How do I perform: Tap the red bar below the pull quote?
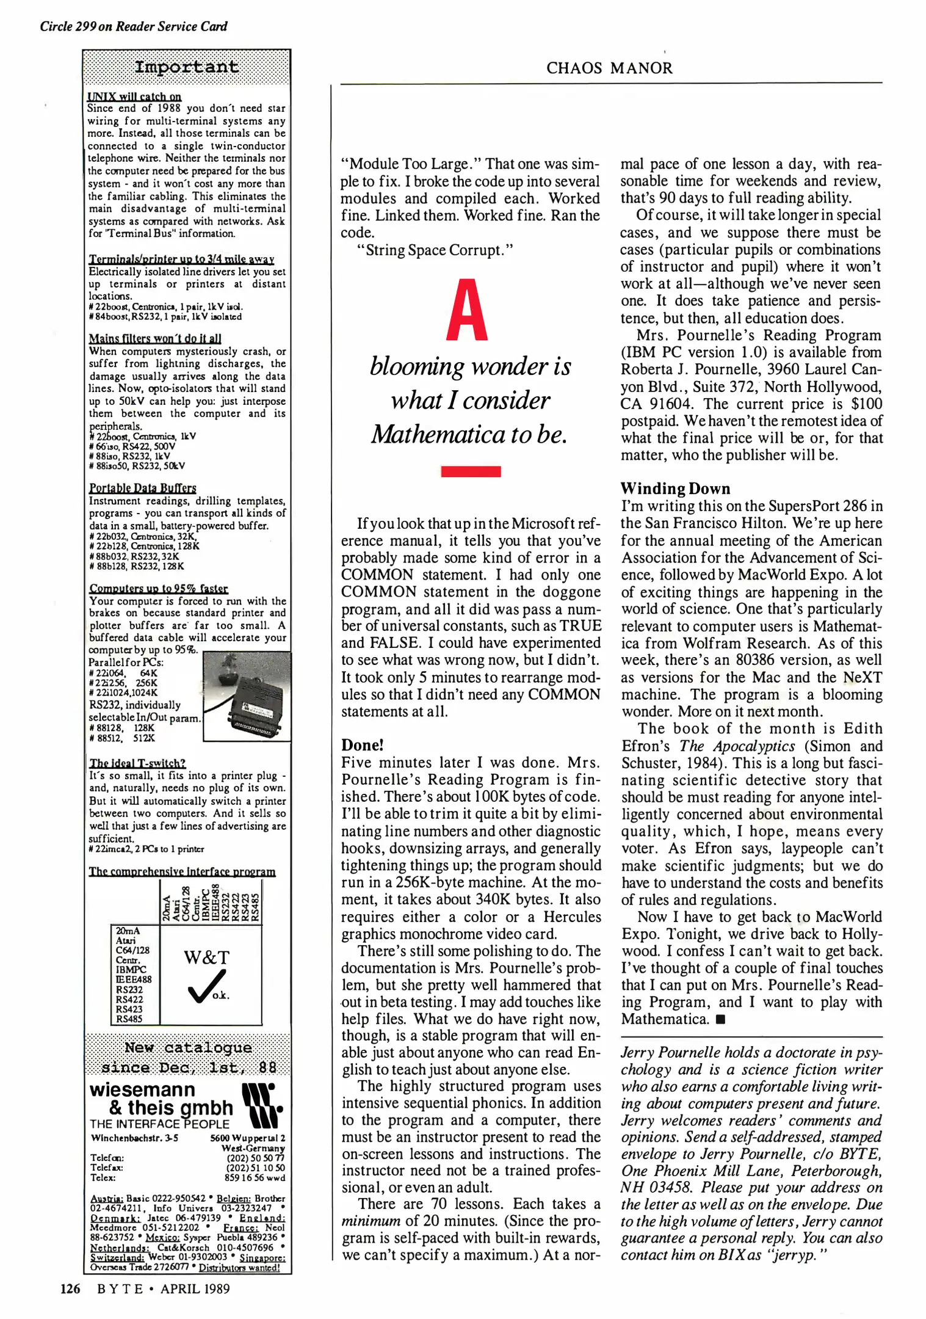click(x=471, y=471)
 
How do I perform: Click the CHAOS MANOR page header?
click(x=609, y=68)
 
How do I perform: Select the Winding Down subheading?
click(x=675, y=489)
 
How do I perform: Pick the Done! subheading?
click(x=362, y=745)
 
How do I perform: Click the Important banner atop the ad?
click(x=186, y=67)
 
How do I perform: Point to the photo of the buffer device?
click(x=247, y=696)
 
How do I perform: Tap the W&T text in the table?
click(x=206, y=957)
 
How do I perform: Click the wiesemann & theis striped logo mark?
click(x=262, y=1106)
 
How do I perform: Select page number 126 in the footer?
click(x=70, y=1288)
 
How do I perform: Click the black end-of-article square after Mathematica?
click(x=721, y=1019)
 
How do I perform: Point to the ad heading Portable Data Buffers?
click(x=142, y=488)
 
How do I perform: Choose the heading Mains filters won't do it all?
click(x=155, y=338)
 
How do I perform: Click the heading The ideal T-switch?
click(x=137, y=763)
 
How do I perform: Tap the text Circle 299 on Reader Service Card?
click(x=134, y=26)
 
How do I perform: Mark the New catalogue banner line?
click(x=188, y=1048)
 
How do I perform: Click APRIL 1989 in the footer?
click(x=195, y=1288)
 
